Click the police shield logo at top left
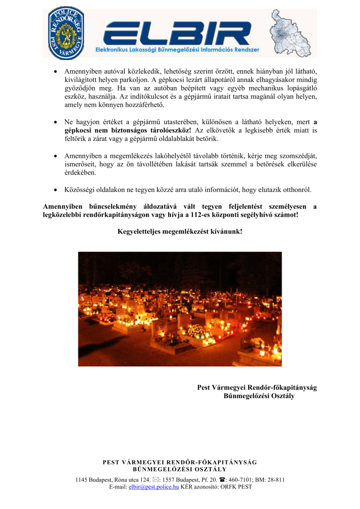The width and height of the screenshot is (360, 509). click(66, 32)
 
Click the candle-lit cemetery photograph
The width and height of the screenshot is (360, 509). click(180, 308)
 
